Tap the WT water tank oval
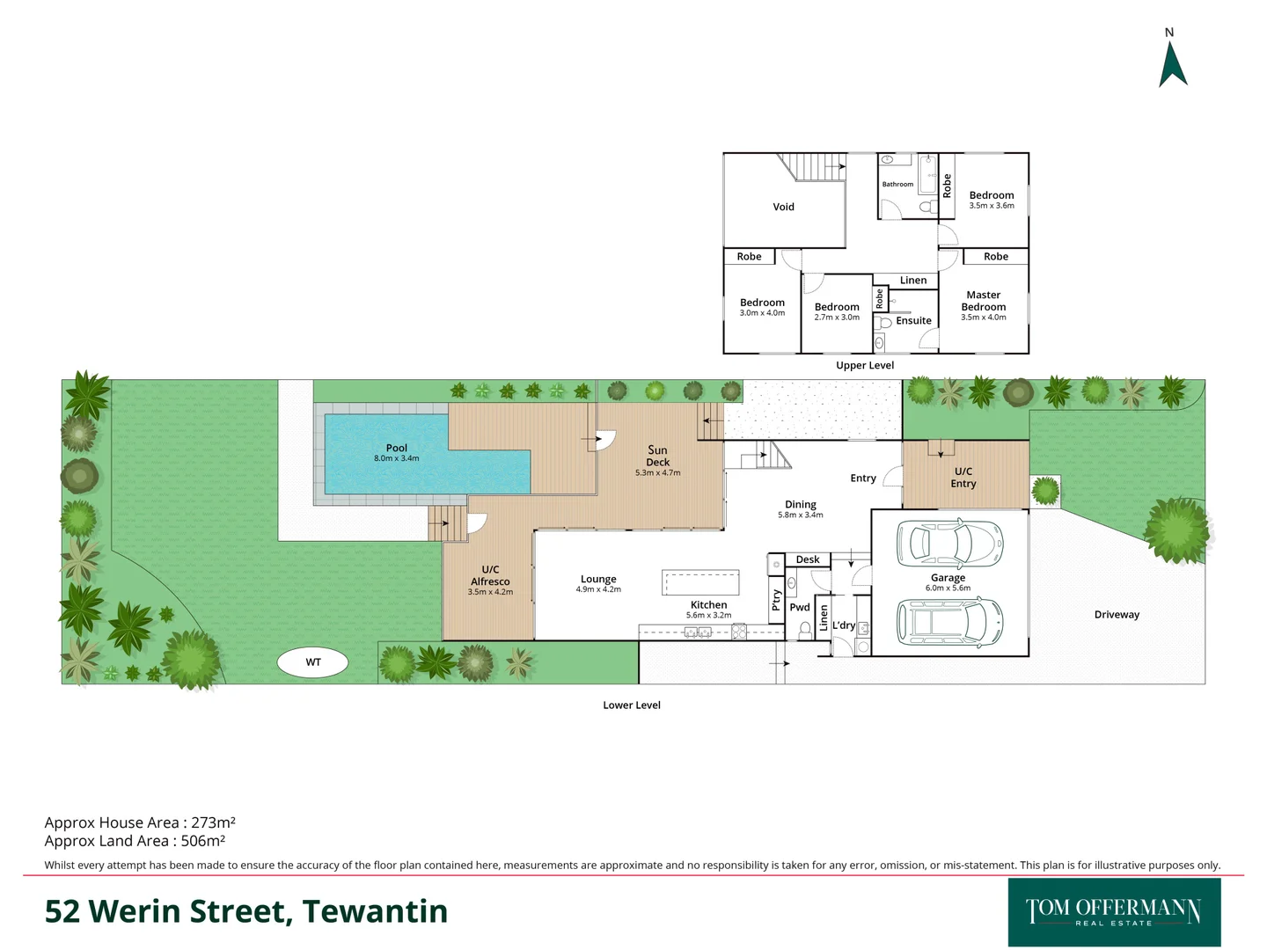coord(313,662)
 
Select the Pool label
coord(397,448)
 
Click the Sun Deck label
coord(657,456)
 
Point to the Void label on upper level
coord(783,208)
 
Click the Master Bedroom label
coord(984,301)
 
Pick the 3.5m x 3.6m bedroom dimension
coord(992,206)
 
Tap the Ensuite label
coord(913,321)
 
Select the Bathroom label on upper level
coord(897,185)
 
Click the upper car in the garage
coord(948,543)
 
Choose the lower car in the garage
coord(948,622)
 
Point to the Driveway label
coord(1117,615)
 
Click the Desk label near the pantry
coord(808,559)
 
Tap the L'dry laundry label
coord(844,625)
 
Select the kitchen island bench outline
coord(700,582)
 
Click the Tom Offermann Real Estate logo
coord(1114,912)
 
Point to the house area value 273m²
coord(213,823)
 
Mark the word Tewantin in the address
coord(375,911)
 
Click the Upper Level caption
coord(865,366)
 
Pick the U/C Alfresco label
coord(490,575)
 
